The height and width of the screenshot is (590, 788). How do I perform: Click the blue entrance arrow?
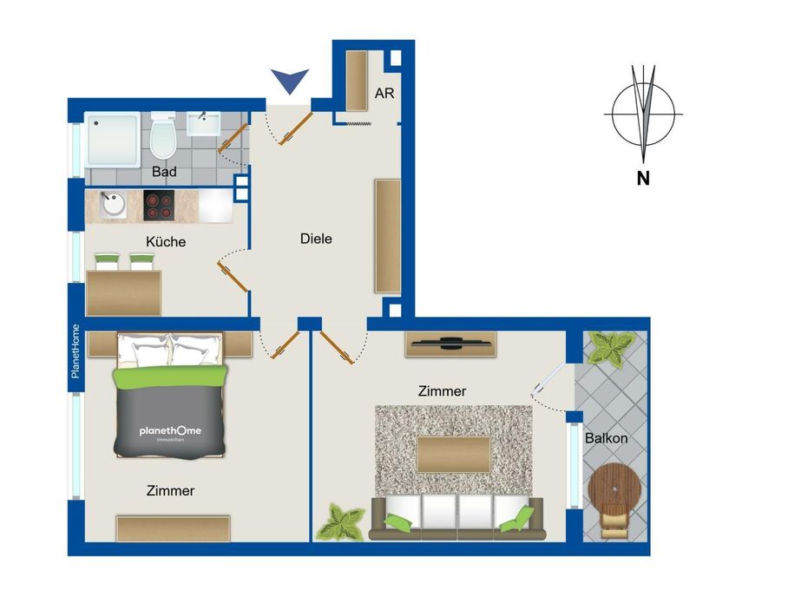coord(290,82)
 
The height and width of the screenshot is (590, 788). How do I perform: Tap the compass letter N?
coord(643,180)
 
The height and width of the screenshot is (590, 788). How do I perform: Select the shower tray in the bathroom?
coord(114,139)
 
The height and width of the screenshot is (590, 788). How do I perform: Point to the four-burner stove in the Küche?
coord(159,206)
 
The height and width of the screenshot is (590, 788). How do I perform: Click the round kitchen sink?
coord(114,206)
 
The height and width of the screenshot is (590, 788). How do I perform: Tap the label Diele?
coord(316,239)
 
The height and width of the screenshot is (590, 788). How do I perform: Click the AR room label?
coord(384,93)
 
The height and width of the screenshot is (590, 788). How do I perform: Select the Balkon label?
coord(606,438)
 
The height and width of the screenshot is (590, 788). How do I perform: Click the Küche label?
coord(166,242)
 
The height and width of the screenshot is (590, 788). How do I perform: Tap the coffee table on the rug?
coord(454,454)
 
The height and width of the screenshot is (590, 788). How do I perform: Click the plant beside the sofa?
coord(341,523)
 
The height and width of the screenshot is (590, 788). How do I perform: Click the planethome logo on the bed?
coord(169,431)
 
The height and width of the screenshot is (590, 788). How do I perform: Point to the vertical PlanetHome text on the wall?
coord(76,351)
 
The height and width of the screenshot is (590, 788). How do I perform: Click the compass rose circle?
coord(643,115)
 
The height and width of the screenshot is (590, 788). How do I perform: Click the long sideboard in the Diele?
coord(387,236)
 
